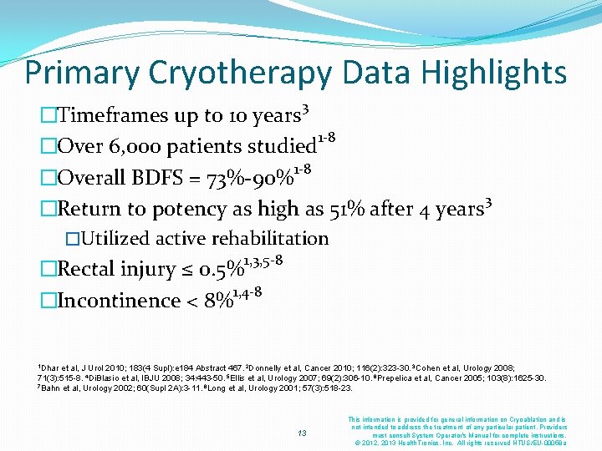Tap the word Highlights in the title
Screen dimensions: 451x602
(494, 73)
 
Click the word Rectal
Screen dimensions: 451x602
(93, 270)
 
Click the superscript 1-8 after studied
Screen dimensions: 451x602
(325, 138)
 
